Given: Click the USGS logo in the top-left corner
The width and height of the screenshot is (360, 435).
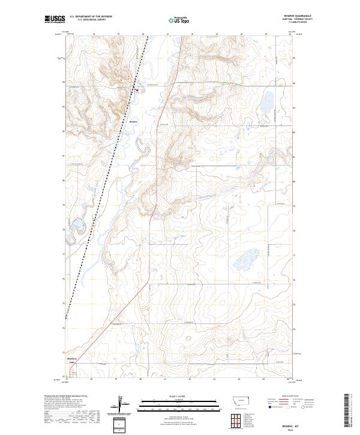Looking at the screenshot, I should click(x=55, y=20).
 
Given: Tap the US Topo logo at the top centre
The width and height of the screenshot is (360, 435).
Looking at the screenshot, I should click(x=179, y=20).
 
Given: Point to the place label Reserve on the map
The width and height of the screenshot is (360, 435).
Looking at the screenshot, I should click(x=134, y=120).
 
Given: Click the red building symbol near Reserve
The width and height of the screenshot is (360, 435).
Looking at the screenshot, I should click(x=137, y=91).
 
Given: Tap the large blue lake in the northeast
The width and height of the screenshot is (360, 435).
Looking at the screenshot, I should click(x=268, y=101).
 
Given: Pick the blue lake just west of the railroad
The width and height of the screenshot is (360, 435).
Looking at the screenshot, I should click(x=78, y=225).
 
